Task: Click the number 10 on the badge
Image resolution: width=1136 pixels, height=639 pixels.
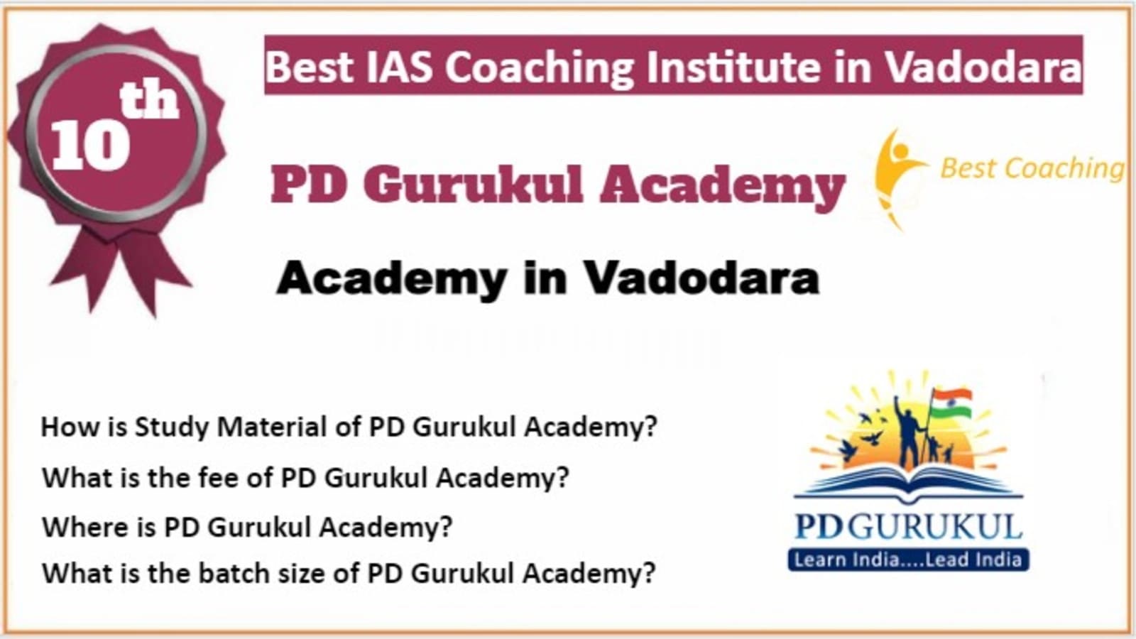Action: (x=90, y=146)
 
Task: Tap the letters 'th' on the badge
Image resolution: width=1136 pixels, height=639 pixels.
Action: (x=150, y=100)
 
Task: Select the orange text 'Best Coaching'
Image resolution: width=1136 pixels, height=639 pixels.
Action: (x=1032, y=168)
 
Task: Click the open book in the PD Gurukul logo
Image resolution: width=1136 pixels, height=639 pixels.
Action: (x=908, y=484)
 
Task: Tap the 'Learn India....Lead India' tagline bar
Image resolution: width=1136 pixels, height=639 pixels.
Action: (x=908, y=560)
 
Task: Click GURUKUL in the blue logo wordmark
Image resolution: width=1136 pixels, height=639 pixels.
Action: (x=934, y=527)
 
